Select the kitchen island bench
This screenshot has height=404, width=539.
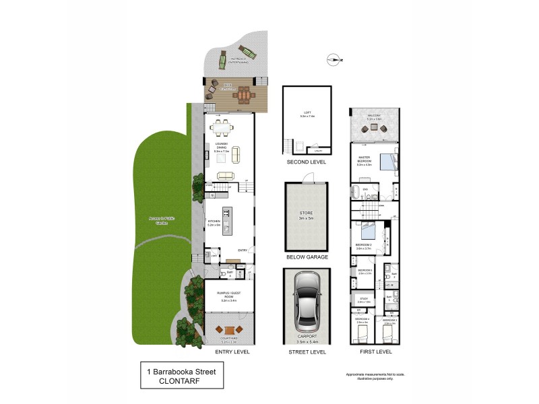(x=227, y=221)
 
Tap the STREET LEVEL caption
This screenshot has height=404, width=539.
(x=307, y=351)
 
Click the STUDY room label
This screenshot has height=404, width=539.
(x=364, y=300)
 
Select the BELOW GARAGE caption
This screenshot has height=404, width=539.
(x=307, y=257)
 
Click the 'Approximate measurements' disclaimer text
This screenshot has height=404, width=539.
(x=366, y=374)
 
